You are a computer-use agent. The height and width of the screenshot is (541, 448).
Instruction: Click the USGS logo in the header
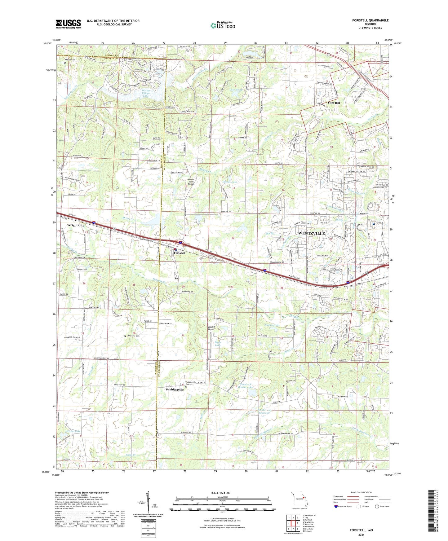68,24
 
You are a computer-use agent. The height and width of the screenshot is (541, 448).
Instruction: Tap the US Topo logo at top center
222,25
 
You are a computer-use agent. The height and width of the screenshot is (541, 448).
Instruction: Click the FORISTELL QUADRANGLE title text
370,20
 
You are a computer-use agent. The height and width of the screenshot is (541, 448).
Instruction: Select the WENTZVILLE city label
311,233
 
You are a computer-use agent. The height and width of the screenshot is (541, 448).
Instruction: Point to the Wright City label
76,225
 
